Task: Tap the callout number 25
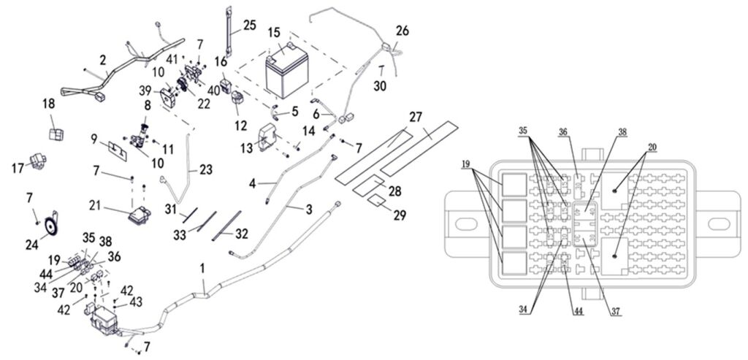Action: pyautogui.click(x=249, y=26)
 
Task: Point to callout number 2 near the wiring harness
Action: pyautogui.click(x=103, y=58)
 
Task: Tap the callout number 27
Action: pyautogui.click(x=416, y=118)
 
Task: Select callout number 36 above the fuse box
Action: pyautogui.click(x=563, y=133)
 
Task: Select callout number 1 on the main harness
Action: pyautogui.click(x=202, y=271)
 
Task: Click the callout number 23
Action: pyautogui.click(x=205, y=169)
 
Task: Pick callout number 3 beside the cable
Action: pyautogui.click(x=309, y=210)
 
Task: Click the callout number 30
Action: pyautogui.click(x=381, y=86)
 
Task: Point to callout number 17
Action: pyautogui.click(x=17, y=168)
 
